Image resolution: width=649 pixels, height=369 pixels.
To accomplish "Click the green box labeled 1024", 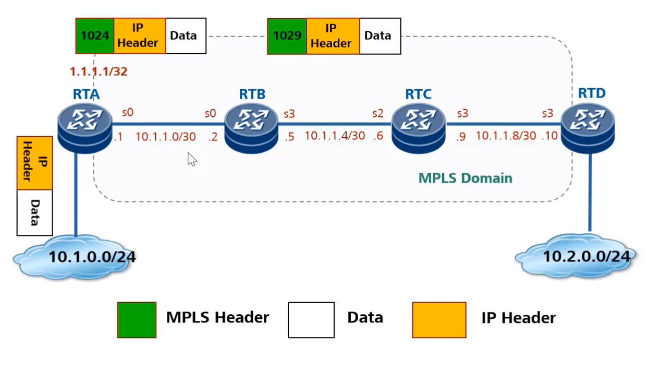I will [x=95, y=35].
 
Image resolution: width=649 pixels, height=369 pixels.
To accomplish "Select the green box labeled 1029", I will [x=287, y=36].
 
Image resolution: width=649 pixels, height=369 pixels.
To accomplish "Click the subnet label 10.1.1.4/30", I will [x=335, y=136].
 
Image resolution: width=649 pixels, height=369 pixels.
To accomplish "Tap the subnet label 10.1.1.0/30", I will [x=166, y=137].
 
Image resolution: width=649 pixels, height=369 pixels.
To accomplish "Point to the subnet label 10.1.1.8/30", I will [x=506, y=136].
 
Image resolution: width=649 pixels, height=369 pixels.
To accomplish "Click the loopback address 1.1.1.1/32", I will [x=99, y=72].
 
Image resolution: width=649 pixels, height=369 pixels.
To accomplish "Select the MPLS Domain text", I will [x=466, y=178].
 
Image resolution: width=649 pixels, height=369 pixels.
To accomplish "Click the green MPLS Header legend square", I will [x=137, y=319].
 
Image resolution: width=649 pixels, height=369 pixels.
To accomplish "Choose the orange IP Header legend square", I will [x=439, y=319].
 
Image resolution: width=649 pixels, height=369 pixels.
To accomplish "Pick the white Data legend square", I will [x=311, y=319].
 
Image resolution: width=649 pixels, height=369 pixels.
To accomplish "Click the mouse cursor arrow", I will [x=192, y=159].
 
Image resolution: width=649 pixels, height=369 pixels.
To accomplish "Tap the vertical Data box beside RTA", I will [x=35, y=212].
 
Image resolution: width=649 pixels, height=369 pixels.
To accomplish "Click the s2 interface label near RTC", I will [x=378, y=113].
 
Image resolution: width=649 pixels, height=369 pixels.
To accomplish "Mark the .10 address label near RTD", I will [x=550, y=136].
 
